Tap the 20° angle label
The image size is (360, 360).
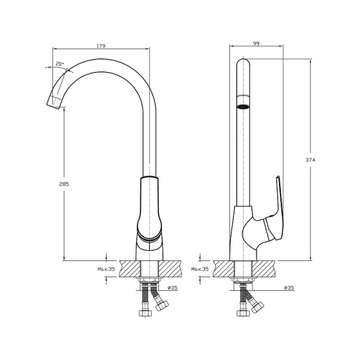(59, 63)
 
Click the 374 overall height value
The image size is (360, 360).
(311, 160)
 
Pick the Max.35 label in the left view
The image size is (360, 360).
(106, 269)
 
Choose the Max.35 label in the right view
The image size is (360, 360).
(200, 269)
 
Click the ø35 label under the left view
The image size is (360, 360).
(172, 289)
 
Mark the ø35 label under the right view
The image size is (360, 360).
(288, 289)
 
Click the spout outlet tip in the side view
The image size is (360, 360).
(53, 106)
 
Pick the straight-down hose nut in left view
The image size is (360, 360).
(144, 313)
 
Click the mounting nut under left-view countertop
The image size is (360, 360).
(149, 282)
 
